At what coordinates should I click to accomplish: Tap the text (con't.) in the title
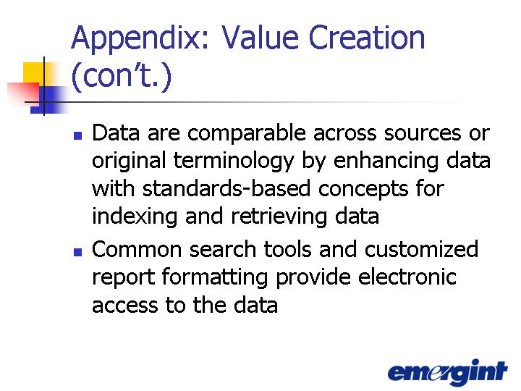click(122, 77)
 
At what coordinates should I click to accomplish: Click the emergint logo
click(448, 372)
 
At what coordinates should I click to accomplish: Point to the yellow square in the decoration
click(33, 73)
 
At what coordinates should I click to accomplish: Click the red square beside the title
click(23, 94)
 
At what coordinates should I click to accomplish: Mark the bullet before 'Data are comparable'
click(77, 135)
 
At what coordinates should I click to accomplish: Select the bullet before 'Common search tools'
click(77, 252)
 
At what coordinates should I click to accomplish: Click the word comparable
click(247, 134)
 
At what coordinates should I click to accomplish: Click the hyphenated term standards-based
click(226, 188)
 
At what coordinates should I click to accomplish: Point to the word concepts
click(363, 190)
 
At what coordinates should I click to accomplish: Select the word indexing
click(135, 217)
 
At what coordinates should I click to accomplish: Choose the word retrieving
click(279, 217)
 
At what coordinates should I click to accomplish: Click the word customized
click(421, 248)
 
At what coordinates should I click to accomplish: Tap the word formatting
click(215, 278)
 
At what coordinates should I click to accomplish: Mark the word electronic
click(407, 277)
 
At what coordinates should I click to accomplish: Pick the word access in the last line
click(125, 306)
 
